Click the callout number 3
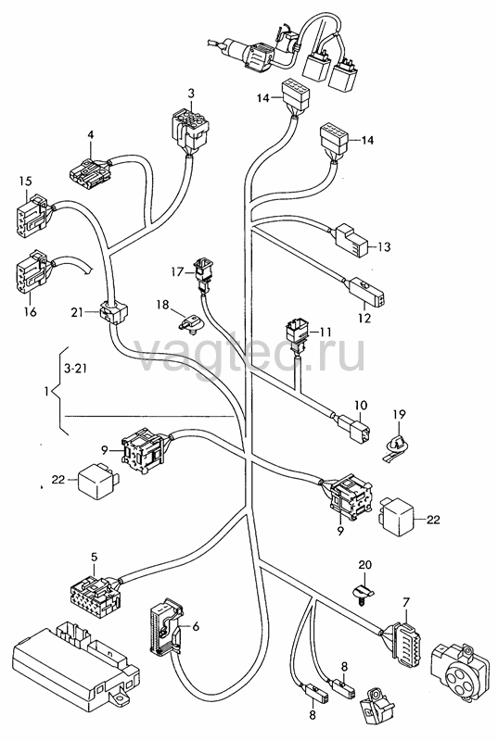[191, 94]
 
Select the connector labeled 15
[32, 215]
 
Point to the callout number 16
[30, 312]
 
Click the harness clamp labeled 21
[113, 312]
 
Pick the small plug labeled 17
[202, 274]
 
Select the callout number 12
[364, 318]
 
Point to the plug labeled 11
[298, 335]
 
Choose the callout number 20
[364, 565]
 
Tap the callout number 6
[196, 627]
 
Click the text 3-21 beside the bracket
[74, 369]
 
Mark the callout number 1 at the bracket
[45, 392]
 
